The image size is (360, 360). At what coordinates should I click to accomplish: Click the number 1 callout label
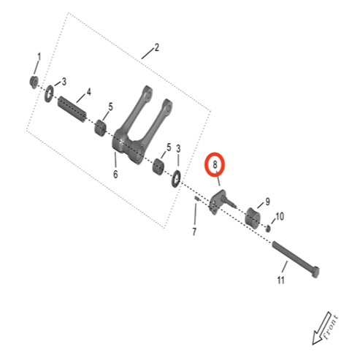coord(39,56)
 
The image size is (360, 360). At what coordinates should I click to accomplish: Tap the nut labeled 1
coord(34,80)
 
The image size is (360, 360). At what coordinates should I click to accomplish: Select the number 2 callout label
coord(156,50)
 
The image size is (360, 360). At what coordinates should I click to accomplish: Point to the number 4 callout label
coord(88,93)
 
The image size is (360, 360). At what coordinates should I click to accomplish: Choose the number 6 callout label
coord(115,175)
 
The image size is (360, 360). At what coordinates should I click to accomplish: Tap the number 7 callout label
coord(194,232)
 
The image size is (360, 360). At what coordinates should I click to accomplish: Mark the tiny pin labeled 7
coord(196,199)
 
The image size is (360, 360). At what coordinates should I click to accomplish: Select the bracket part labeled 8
coord(218,201)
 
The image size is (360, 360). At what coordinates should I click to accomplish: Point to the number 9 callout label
coord(267,202)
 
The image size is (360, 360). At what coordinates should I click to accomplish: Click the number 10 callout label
coord(279,217)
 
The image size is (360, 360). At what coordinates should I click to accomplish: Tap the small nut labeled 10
coord(269,229)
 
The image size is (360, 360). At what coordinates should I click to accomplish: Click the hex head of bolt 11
coord(318,272)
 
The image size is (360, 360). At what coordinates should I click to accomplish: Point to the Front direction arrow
coord(326,328)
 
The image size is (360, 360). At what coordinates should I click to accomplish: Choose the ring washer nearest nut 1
coord(50,92)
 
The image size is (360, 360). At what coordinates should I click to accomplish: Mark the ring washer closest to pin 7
coord(176,177)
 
